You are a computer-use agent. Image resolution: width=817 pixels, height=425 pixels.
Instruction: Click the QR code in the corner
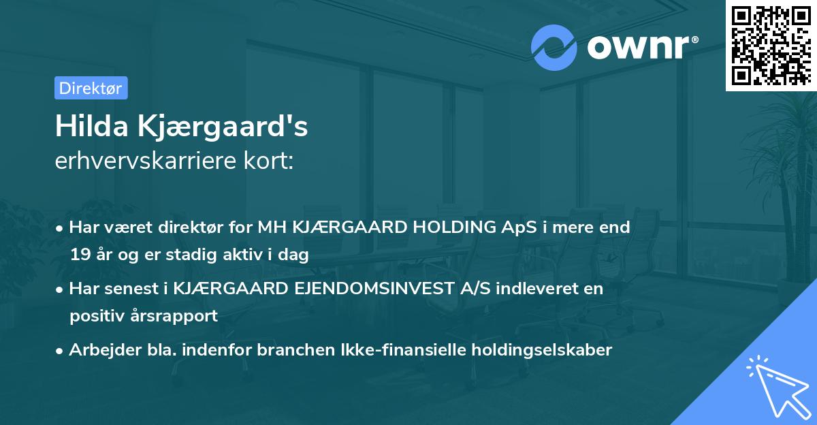coord(771,45)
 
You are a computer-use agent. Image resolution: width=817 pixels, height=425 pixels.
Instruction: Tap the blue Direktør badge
coord(91,88)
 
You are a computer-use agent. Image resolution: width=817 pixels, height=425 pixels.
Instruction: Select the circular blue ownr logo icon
coord(554,46)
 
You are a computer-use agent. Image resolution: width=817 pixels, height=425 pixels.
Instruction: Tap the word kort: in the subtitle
coord(271,162)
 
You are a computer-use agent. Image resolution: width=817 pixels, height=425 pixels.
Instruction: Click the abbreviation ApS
coord(520,227)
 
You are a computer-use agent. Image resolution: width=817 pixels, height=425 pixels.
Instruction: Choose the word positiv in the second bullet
coord(93,315)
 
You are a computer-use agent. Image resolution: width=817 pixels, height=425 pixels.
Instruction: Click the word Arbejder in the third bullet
coord(99,350)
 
